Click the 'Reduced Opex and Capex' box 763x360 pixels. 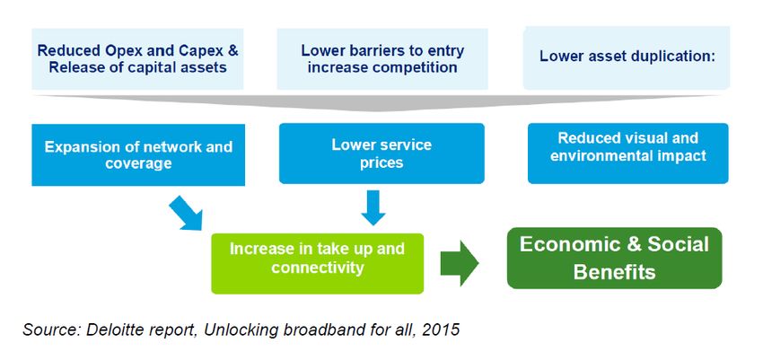(137, 59)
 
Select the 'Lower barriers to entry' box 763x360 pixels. (382, 59)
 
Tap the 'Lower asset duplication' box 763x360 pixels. (627, 57)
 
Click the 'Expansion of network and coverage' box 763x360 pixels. (138, 154)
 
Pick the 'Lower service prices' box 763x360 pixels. (381, 154)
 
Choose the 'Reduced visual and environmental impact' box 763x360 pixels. (627, 154)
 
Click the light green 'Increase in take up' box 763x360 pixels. (317, 263)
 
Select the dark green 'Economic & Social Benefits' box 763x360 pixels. (614, 258)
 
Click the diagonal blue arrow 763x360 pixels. (186, 213)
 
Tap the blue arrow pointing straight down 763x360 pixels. (373, 207)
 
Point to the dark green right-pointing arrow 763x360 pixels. (460, 263)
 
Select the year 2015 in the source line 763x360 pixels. (442, 329)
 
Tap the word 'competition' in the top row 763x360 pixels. (415, 67)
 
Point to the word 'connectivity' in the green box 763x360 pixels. (318, 267)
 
